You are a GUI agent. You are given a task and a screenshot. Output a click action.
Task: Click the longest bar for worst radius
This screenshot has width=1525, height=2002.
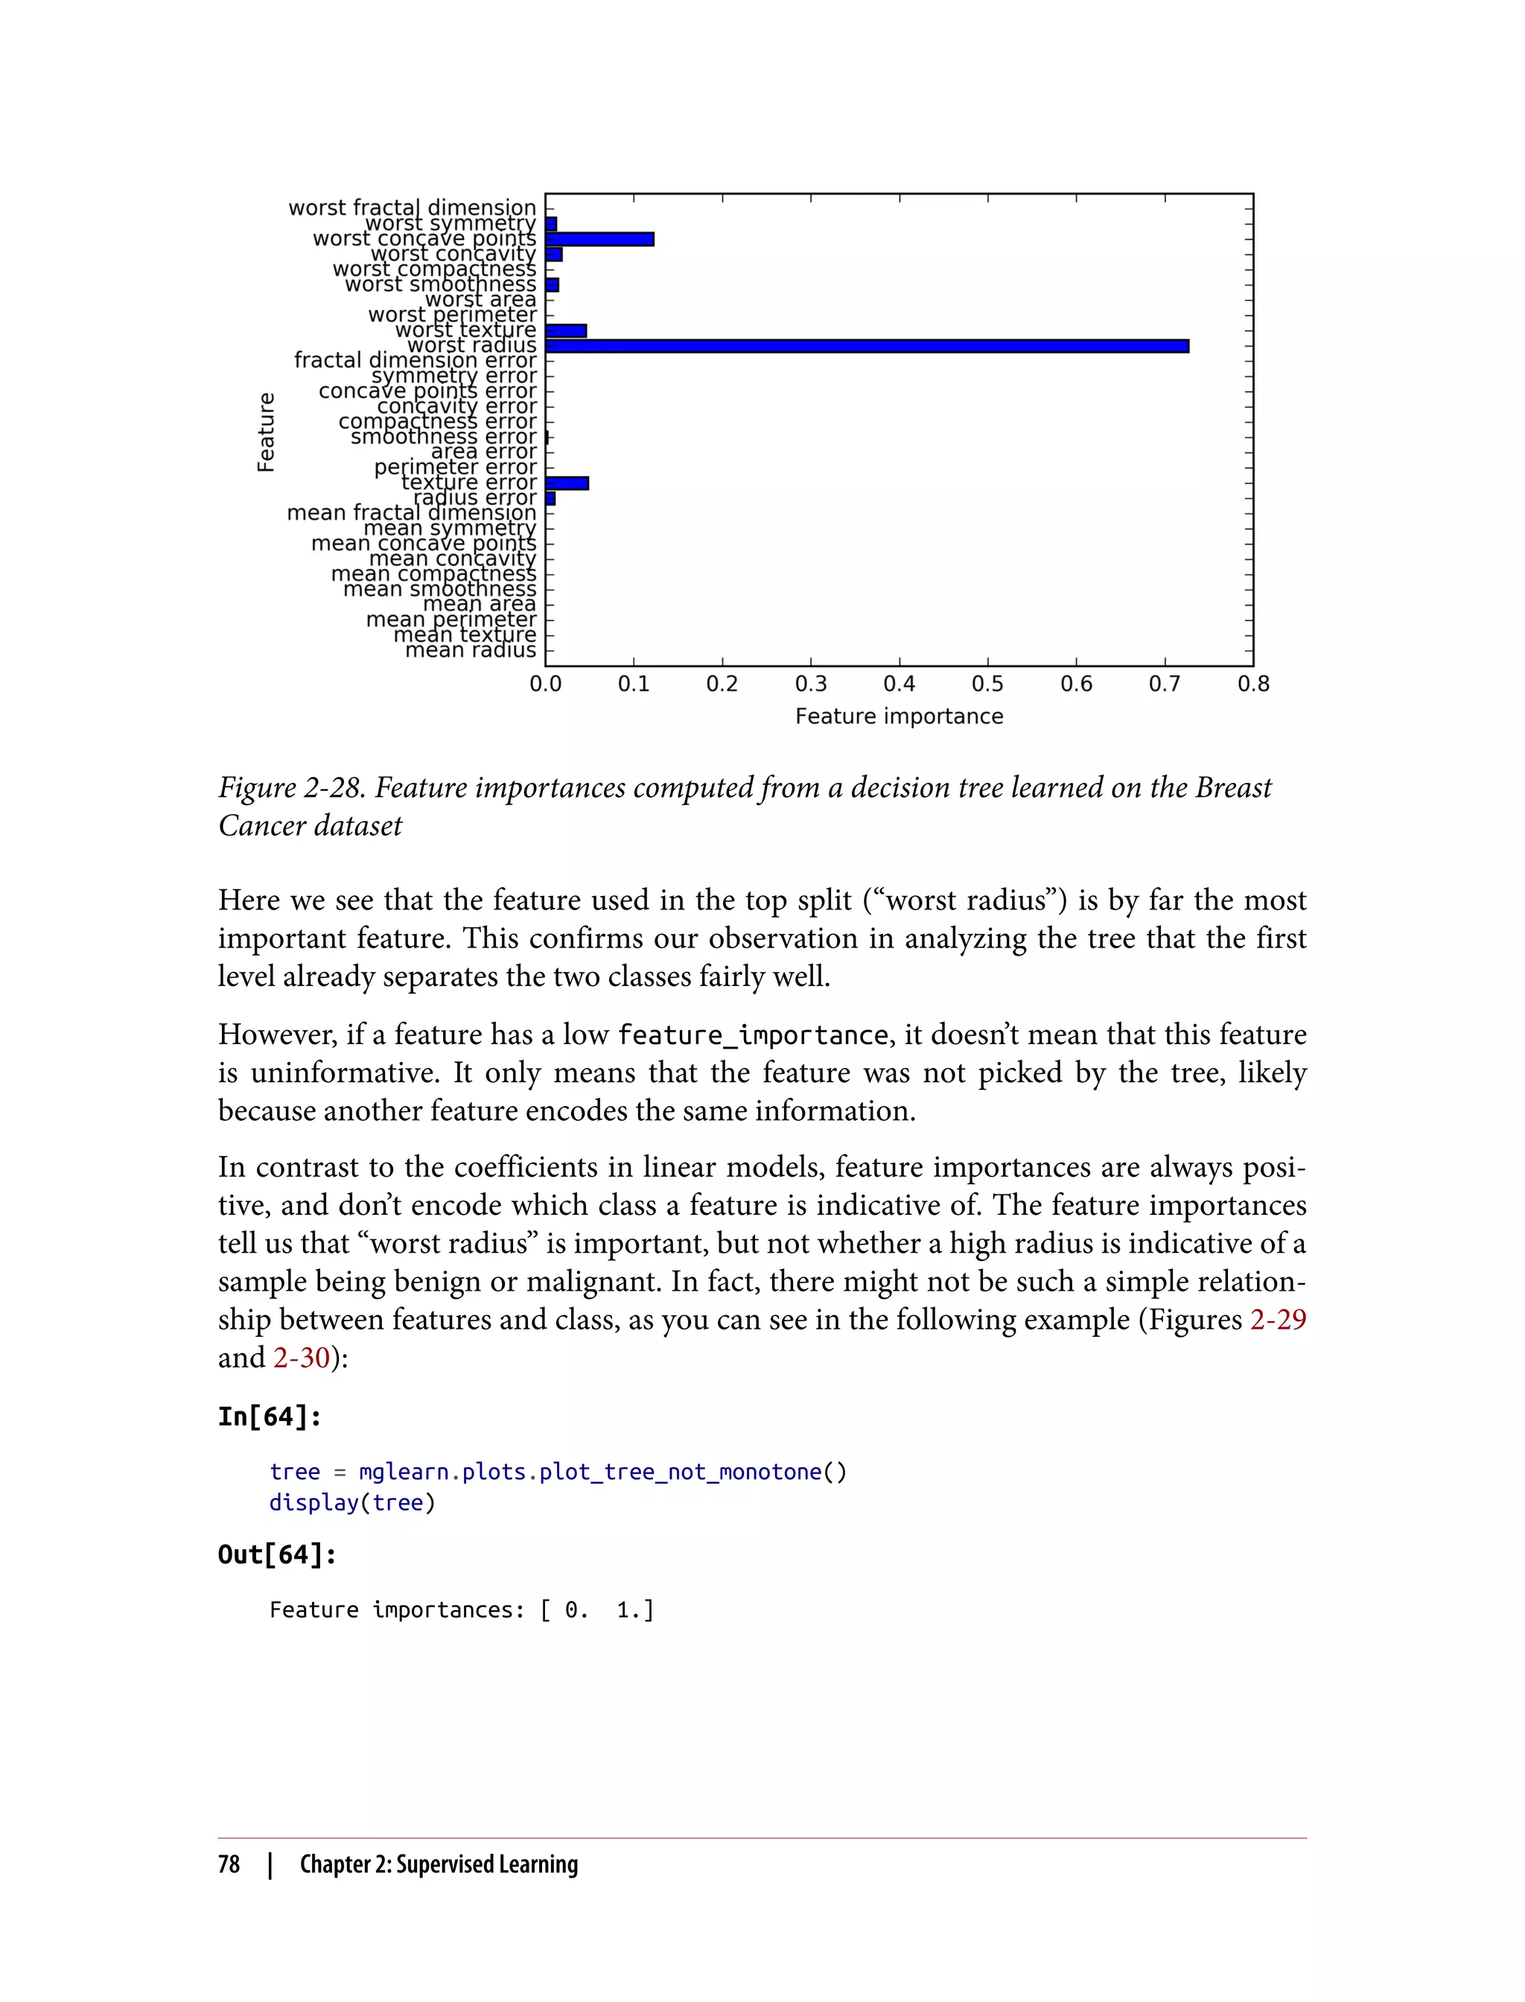click(x=867, y=346)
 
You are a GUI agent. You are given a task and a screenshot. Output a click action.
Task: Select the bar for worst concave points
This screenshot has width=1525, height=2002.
click(x=599, y=239)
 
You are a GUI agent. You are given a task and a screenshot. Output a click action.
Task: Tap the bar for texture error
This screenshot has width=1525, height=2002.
click(x=567, y=483)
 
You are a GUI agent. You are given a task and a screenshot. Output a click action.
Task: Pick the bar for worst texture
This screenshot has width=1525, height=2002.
click(x=567, y=331)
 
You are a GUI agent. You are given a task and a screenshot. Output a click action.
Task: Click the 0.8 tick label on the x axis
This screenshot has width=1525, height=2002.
click(x=1252, y=684)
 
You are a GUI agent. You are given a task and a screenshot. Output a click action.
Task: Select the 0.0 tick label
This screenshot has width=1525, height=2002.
click(x=546, y=684)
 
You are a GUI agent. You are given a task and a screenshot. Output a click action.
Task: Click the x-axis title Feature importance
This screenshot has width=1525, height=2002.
click(x=899, y=716)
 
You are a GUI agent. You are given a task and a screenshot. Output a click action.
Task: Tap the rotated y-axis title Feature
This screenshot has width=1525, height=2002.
click(x=265, y=432)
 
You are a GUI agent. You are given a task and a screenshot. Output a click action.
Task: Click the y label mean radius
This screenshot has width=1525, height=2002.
click(x=470, y=650)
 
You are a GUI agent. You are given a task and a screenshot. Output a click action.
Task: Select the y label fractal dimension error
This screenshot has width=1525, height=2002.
click(x=415, y=360)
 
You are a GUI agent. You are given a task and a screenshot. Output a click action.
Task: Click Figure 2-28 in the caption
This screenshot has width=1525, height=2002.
click(x=291, y=787)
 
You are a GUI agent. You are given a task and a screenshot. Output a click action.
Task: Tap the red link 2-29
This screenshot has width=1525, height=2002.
click(x=1277, y=1319)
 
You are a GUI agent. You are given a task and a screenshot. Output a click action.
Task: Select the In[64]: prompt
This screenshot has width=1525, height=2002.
click(x=270, y=1417)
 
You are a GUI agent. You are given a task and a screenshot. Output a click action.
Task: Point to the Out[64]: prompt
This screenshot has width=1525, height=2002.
click(x=277, y=1554)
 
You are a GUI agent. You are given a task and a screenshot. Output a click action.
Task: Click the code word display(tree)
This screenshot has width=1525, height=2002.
click(x=352, y=1503)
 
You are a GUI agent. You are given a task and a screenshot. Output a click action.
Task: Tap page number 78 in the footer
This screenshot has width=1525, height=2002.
click(x=229, y=1864)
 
